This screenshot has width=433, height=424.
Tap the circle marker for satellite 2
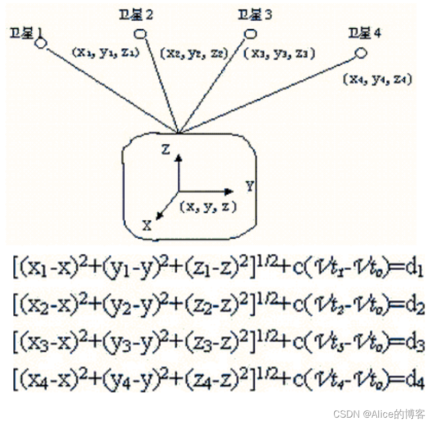(x=141, y=34)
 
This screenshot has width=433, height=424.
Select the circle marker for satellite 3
(x=250, y=34)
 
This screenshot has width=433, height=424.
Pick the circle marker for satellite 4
(x=361, y=53)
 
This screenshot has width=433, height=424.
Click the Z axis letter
(x=166, y=150)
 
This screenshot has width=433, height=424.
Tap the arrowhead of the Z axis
(x=179, y=158)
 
